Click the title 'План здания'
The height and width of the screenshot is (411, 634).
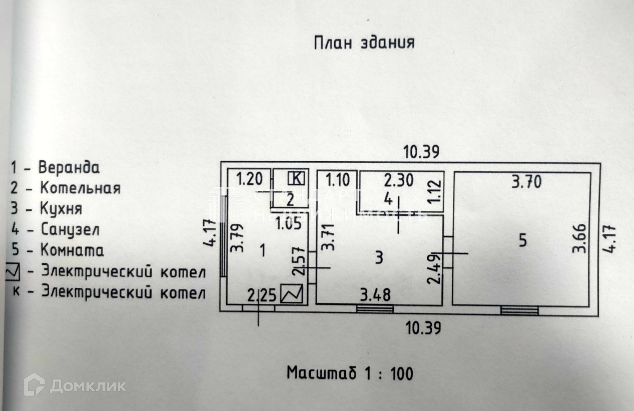(x=364, y=43)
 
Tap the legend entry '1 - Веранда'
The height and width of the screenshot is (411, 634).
(x=56, y=167)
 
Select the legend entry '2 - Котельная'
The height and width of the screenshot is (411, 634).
(x=65, y=188)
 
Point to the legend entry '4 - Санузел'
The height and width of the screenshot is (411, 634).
(x=56, y=229)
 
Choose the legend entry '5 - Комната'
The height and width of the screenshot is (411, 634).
(x=57, y=250)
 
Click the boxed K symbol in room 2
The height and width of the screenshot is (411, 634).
(x=296, y=178)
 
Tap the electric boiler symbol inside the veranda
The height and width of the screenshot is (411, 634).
(x=292, y=294)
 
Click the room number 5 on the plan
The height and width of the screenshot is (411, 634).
(x=523, y=241)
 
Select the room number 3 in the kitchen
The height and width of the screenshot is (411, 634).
(x=378, y=258)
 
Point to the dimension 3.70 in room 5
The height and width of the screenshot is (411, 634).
(x=527, y=182)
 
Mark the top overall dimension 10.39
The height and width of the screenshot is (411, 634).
(x=421, y=152)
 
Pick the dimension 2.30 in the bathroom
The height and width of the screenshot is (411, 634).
(x=398, y=180)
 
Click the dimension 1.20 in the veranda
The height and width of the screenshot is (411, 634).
(x=249, y=178)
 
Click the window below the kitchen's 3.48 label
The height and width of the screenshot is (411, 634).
(x=375, y=309)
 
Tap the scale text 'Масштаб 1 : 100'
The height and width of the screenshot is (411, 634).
(x=350, y=373)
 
